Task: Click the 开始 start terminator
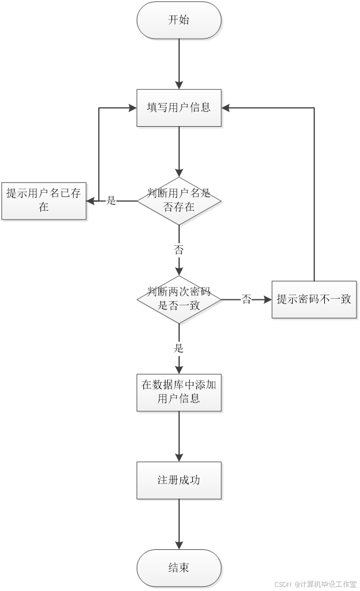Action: coord(179,21)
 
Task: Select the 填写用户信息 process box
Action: coord(179,108)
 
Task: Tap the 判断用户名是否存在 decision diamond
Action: coord(179,201)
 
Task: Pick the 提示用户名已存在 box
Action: coord(44,201)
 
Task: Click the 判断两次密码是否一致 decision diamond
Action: coord(179,299)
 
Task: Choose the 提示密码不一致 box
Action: coord(314,299)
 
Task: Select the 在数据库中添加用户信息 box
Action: coord(179,392)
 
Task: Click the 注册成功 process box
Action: coord(179,480)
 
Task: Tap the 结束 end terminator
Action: coord(179,568)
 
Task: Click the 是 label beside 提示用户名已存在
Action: coord(111,201)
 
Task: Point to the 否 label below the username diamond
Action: coord(179,251)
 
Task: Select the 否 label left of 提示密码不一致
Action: coord(246,300)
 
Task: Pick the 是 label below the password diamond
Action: coord(179,349)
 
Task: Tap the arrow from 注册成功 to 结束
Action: coord(179,524)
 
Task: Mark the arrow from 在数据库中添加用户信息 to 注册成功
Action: coord(179,437)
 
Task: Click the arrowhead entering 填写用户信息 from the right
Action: coord(228,108)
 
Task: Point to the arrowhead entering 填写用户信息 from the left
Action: coord(132,108)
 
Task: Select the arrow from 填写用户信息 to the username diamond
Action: coord(179,151)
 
